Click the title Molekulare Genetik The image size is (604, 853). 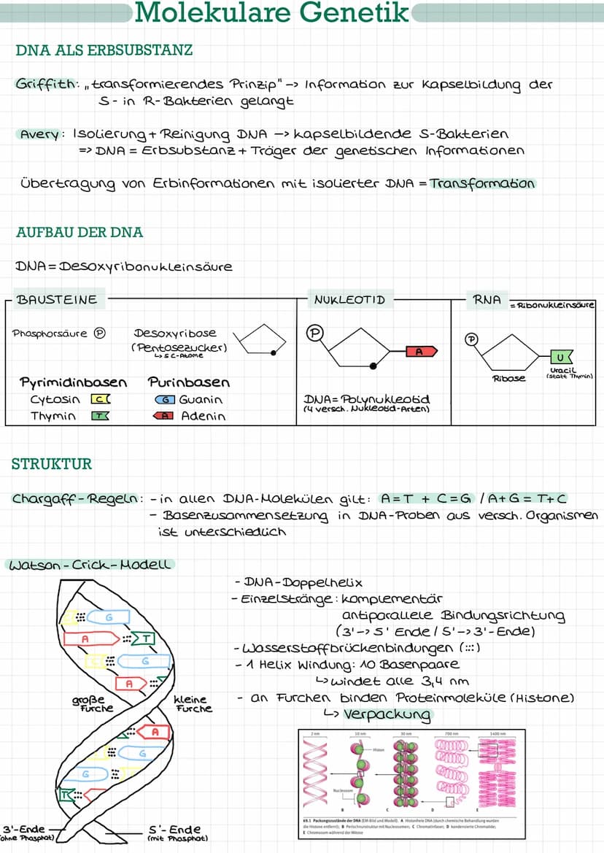point(273,13)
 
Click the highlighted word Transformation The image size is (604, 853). point(482,183)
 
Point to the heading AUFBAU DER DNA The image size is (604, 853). point(79,233)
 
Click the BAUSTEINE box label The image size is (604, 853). point(56,300)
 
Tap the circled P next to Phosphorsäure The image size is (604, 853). point(100,333)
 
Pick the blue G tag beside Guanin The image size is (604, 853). point(165,400)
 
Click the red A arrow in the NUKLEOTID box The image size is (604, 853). point(420,352)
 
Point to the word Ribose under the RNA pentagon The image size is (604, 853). point(508,379)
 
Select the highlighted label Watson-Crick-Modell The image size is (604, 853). point(88,565)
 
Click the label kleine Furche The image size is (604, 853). point(194,703)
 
